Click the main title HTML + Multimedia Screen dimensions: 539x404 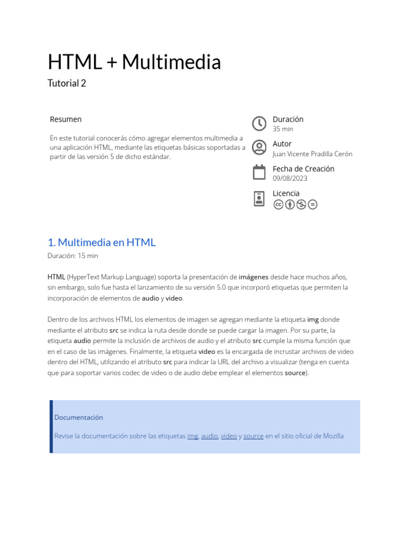pos(134,62)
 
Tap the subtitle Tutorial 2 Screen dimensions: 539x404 pos(67,83)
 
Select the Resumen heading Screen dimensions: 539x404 pos(66,119)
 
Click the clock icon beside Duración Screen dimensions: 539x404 pos(259,123)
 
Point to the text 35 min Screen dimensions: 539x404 pos(282,129)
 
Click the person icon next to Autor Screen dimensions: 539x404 pos(259,147)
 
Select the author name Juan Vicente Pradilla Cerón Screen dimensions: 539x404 pos(312,154)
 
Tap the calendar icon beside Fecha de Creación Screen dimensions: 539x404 pos(259,172)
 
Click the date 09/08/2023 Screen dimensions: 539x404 pos(290,178)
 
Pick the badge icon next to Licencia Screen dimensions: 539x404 pos(259,198)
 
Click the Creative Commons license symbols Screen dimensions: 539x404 pos(295,204)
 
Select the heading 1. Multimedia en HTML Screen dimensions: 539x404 pos(102,243)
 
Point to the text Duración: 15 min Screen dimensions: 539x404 pos(73,256)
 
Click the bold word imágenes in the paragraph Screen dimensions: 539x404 pos(254,277)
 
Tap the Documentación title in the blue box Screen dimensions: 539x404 pos(78,417)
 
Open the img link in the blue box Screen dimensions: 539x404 pos(193,436)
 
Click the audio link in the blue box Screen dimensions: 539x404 pos(209,436)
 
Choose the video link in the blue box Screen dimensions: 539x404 pos(229,436)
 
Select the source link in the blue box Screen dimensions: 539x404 pos(253,436)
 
